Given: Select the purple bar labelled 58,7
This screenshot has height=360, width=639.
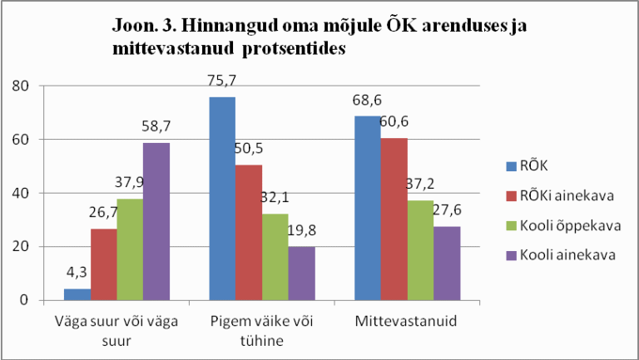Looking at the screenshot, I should (x=156, y=221).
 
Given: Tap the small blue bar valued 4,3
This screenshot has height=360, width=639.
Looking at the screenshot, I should (x=77, y=294).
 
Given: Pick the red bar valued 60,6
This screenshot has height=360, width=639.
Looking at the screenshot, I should (x=394, y=219).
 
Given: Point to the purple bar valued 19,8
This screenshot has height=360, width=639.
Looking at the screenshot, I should (x=301, y=273).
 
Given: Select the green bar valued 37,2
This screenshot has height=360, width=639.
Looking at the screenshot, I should (x=420, y=249).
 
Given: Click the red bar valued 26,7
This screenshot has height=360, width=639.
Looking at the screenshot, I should (x=103, y=264).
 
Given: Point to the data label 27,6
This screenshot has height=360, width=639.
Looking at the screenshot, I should (x=447, y=210).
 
